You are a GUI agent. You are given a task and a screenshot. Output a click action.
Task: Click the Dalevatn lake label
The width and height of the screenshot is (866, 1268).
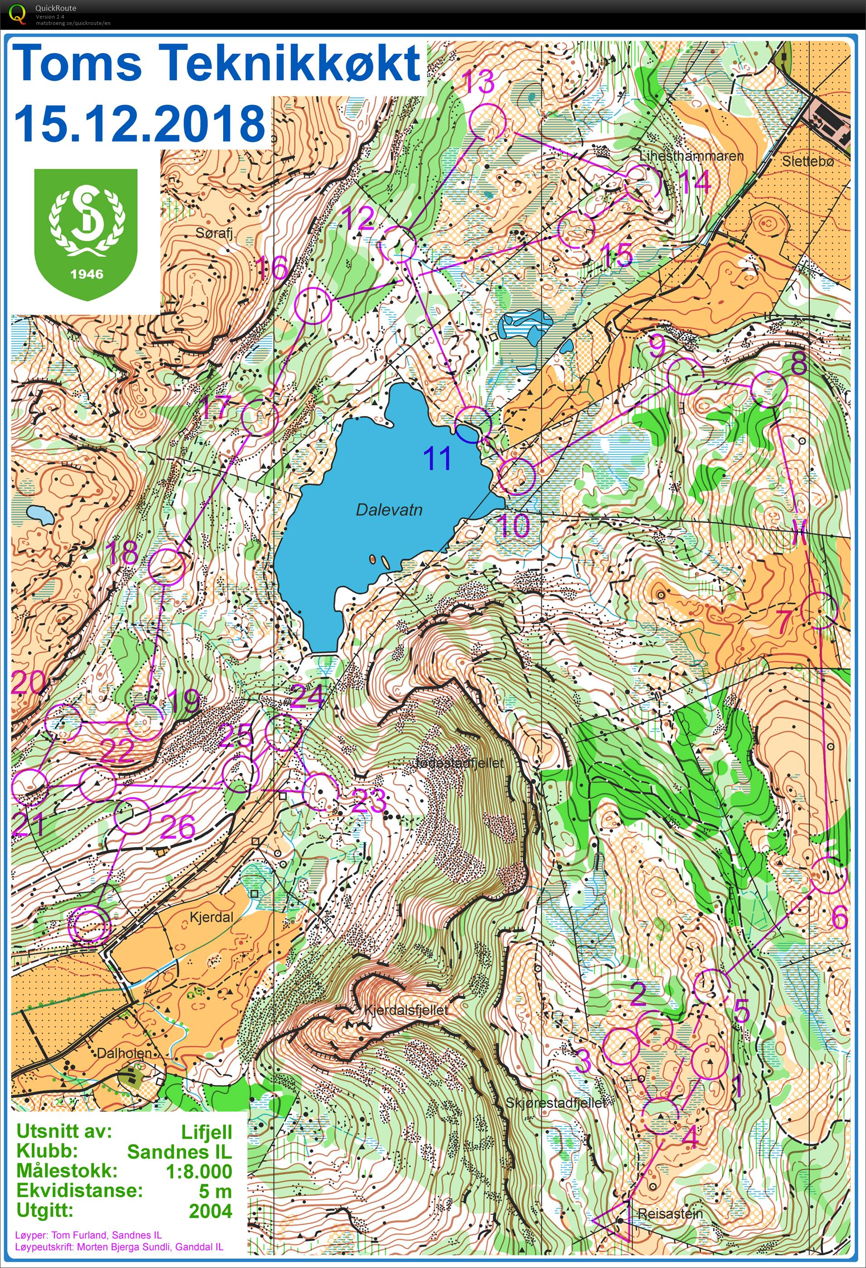[x=389, y=510]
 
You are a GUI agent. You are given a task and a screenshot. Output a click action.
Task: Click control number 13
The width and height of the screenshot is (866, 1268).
[x=478, y=83]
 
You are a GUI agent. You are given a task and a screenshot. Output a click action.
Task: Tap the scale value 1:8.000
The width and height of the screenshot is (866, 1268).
[x=199, y=1171]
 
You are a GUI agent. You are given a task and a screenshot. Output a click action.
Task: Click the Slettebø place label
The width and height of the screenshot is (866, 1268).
[x=808, y=161]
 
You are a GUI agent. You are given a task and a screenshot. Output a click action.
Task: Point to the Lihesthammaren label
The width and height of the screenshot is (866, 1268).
[x=691, y=156]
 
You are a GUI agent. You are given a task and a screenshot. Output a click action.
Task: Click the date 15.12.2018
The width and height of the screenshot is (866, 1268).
[x=139, y=123]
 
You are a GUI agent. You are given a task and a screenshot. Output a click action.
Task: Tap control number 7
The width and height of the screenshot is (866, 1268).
[x=783, y=621]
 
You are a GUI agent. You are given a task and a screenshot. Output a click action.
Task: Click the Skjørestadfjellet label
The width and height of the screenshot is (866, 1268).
[x=555, y=1103]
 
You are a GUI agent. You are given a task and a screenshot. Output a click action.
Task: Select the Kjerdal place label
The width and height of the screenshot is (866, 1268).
[x=211, y=917]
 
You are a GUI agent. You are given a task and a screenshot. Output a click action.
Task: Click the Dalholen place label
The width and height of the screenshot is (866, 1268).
[x=124, y=1053]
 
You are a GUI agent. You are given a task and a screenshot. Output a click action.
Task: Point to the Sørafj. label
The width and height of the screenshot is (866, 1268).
[x=214, y=233]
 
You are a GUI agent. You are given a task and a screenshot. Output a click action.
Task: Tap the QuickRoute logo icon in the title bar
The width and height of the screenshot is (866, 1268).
[x=16, y=13]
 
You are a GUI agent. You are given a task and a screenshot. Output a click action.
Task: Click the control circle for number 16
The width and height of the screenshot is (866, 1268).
[x=313, y=306]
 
